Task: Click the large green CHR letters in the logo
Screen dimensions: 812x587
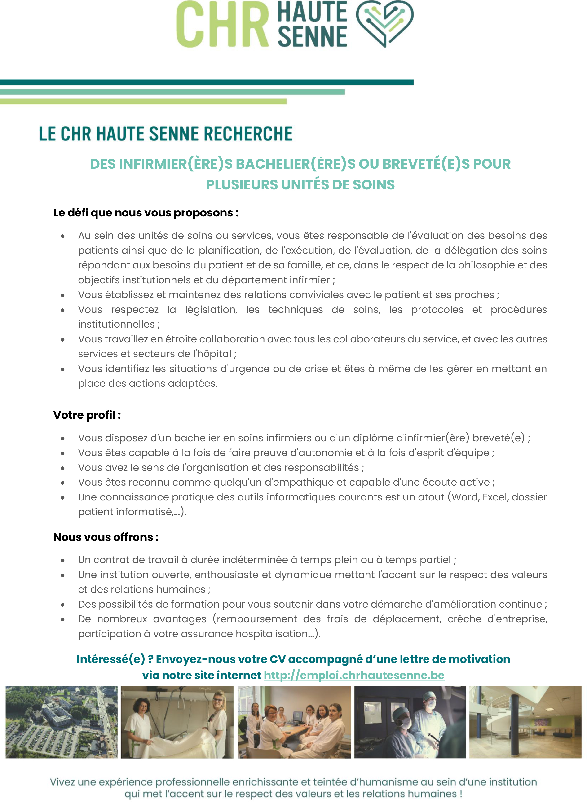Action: [222, 24]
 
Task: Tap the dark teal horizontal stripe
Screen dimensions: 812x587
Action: [207, 82]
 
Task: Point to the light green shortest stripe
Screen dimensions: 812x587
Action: [143, 101]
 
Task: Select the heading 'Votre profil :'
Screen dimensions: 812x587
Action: [87, 415]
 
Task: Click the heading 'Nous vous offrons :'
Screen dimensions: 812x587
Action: [106, 537]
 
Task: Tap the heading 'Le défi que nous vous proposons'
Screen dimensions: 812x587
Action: [146, 213]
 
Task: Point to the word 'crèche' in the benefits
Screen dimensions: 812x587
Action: [464, 619]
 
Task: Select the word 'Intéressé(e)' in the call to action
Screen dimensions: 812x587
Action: [111, 659]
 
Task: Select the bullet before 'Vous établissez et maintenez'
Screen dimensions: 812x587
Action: [63, 295]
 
